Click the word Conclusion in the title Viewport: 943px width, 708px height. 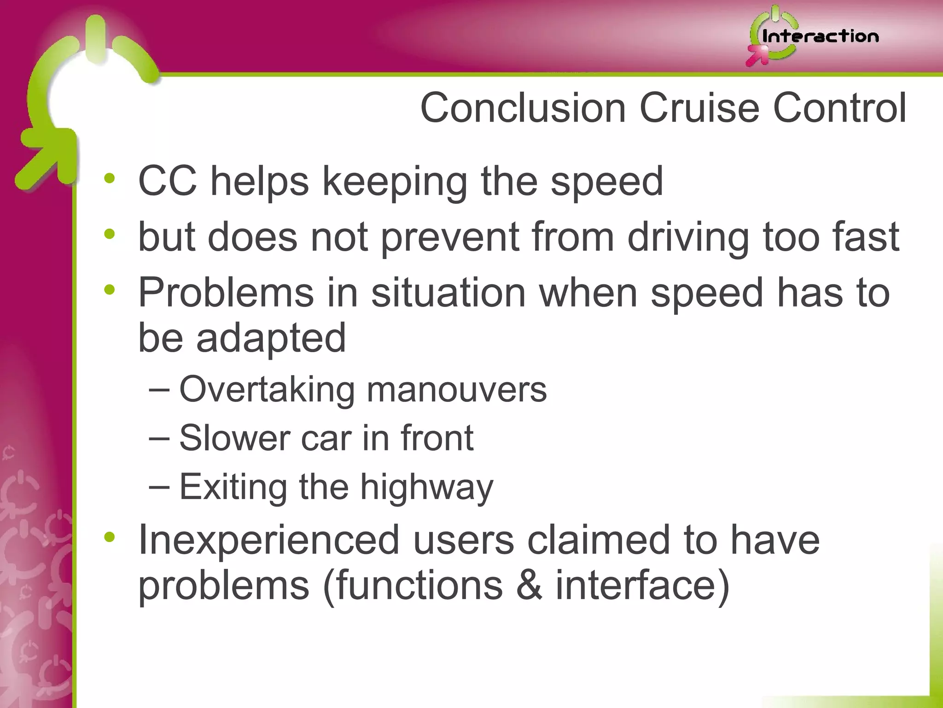[x=523, y=108]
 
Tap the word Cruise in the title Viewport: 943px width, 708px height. [x=699, y=108]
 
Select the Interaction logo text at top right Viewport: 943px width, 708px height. [x=820, y=36]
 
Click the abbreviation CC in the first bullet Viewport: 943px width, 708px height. [x=168, y=181]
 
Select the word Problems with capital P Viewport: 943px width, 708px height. [x=226, y=293]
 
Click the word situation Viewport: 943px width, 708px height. [x=448, y=292]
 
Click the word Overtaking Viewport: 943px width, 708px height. [x=267, y=390]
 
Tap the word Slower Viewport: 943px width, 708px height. [x=234, y=438]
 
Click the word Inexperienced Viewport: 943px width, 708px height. [x=269, y=540]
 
